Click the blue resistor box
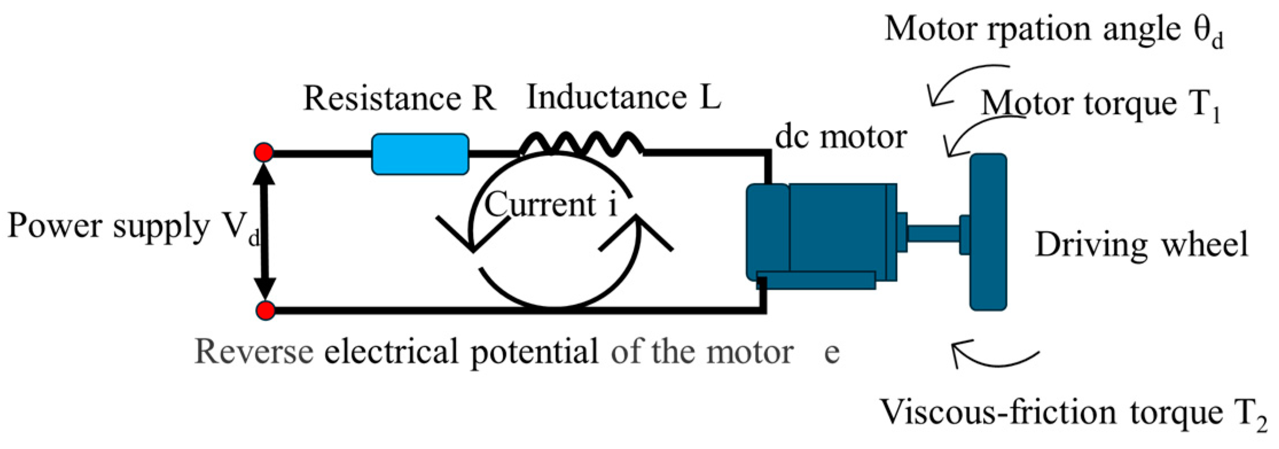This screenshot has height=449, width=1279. click(420, 154)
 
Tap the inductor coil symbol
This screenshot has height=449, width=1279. click(581, 144)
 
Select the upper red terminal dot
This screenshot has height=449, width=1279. click(264, 153)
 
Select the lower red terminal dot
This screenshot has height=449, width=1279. click(265, 310)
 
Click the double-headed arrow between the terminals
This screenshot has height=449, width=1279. click(265, 231)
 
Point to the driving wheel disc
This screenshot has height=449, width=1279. click(988, 232)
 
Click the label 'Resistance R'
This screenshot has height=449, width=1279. click(399, 98)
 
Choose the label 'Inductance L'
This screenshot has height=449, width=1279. click(624, 97)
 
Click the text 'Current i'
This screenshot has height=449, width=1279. click(551, 205)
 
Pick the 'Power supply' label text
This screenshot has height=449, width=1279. click(109, 225)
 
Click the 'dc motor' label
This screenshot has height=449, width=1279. click(840, 137)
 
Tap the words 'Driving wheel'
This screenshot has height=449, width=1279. click(1141, 245)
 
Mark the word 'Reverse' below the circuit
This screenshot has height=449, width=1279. click(254, 352)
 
